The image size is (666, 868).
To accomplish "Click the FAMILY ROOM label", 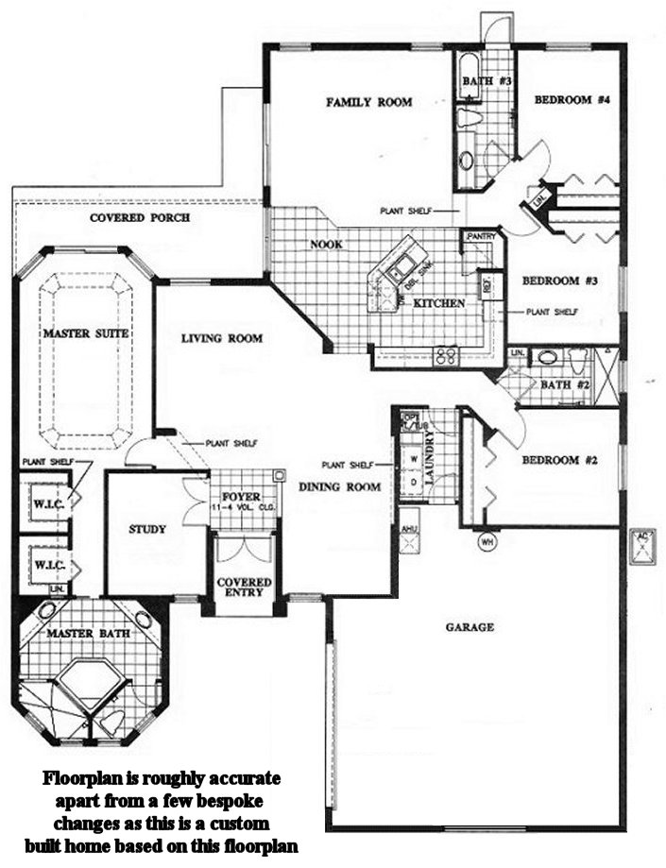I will (x=368, y=102).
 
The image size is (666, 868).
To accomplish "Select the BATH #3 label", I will (x=487, y=82).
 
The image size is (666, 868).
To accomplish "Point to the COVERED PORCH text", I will (x=140, y=217).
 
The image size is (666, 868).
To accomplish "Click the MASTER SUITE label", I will (x=85, y=333).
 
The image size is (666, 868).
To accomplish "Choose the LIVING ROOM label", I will (x=222, y=337).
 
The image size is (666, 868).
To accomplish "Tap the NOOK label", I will (x=326, y=244).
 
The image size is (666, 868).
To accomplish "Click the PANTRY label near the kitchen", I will (x=479, y=238).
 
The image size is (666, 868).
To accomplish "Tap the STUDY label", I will (x=147, y=529).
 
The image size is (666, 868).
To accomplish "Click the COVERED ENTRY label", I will (x=244, y=588).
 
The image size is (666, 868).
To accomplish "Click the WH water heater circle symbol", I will (x=487, y=542).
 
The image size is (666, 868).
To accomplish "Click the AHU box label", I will (x=408, y=529).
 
